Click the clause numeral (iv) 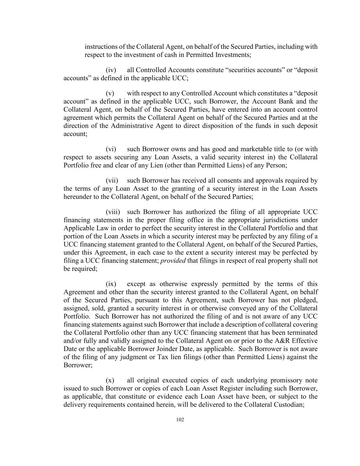tap(111, 70)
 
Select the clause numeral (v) tap(110, 93)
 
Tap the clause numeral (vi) tap(111, 149)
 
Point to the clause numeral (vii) tap(112, 181)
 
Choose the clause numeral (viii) tap(113, 212)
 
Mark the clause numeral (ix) tap(111, 284)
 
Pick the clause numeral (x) tap(110, 380)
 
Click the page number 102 tap(180, 420)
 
